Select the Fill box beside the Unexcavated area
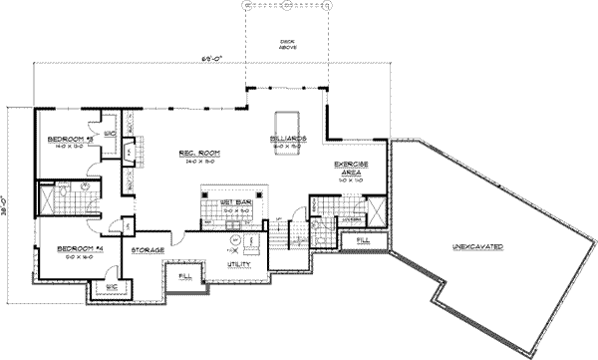click(363, 240)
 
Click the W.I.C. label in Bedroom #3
click(110, 133)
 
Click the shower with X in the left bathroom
click(48, 197)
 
